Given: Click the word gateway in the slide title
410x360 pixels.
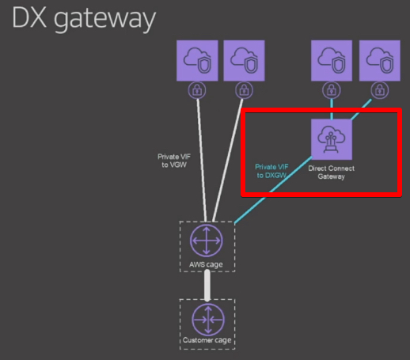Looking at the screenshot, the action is pos(104,19).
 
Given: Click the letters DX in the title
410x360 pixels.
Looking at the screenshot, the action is pos(29,17).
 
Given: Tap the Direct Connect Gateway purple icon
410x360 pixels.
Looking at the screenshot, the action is pos(332,139).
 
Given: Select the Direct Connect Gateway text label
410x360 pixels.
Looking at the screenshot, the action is pos(332,172).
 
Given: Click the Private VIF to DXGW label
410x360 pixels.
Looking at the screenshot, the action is pos(271,171).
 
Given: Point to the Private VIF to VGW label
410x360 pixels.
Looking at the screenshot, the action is pos(174,161).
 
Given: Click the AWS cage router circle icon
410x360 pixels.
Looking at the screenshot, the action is pos(206,241).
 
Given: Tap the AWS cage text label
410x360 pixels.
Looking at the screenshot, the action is pos(206,264).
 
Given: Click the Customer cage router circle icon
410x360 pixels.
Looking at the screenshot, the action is pos(208,320).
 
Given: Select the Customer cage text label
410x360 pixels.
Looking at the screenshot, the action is pos(207,340).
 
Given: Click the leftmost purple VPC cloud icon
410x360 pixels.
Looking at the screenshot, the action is pos(197,60).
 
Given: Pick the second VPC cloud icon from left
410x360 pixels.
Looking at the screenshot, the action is pos(244,60).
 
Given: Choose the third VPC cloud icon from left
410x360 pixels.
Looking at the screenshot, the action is pos(332,60).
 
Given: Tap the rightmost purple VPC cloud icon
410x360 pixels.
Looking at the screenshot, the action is pos(380,60).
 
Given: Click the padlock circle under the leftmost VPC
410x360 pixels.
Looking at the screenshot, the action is pos(197,90).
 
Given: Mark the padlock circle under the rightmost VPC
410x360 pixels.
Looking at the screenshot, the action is pos(380,90).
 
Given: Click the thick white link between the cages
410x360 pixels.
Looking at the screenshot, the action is pos(207,286).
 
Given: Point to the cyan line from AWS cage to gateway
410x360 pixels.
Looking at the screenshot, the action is pos(273,190).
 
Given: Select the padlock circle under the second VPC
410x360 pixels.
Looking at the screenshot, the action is pos(244,90).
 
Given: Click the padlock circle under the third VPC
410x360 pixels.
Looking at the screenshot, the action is pos(332,90).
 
